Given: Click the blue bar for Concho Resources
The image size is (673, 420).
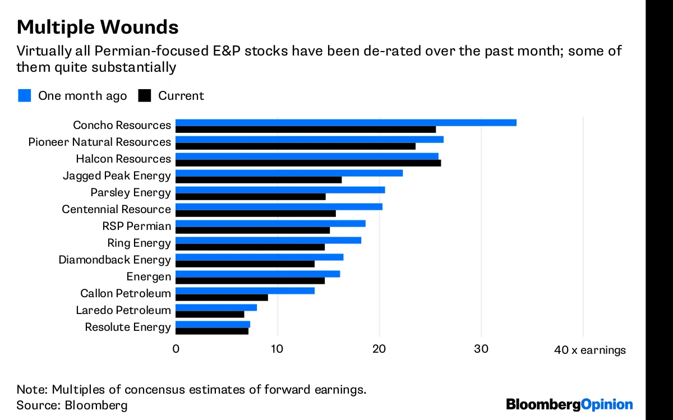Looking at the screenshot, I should click(x=345, y=123).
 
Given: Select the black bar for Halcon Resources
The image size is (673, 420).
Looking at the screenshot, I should click(x=308, y=163).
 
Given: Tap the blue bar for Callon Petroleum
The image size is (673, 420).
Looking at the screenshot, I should click(x=245, y=290).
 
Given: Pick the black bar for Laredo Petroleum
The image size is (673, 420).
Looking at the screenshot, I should click(x=210, y=315).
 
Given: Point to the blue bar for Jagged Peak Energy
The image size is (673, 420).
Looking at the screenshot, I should click(x=289, y=173).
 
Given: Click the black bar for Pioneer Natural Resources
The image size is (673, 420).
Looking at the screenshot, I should click(x=296, y=146).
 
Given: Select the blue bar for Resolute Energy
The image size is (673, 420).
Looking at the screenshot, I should click(x=213, y=325).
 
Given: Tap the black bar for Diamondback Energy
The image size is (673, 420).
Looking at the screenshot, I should click(x=245, y=264).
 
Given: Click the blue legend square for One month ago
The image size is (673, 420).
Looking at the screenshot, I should click(x=24, y=95).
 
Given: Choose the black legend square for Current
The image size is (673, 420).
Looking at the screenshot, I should click(x=145, y=95).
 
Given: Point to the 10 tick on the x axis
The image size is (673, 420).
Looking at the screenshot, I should click(x=277, y=349).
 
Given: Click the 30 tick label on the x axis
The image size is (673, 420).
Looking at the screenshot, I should click(x=481, y=349).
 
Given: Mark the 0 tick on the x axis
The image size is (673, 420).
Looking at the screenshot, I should click(x=176, y=349).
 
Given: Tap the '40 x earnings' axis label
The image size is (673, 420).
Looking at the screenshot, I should click(x=589, y=350).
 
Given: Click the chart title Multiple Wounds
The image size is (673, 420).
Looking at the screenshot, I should click(x=98, y=26).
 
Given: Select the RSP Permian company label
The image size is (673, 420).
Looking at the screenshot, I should click(x=136, y=226).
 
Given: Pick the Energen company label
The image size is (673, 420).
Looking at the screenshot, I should click(x=148, y=276).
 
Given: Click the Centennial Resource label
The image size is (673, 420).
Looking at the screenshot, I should click(x=116, y=209).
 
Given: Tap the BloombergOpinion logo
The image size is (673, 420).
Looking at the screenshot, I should click(x=569, y=404).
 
